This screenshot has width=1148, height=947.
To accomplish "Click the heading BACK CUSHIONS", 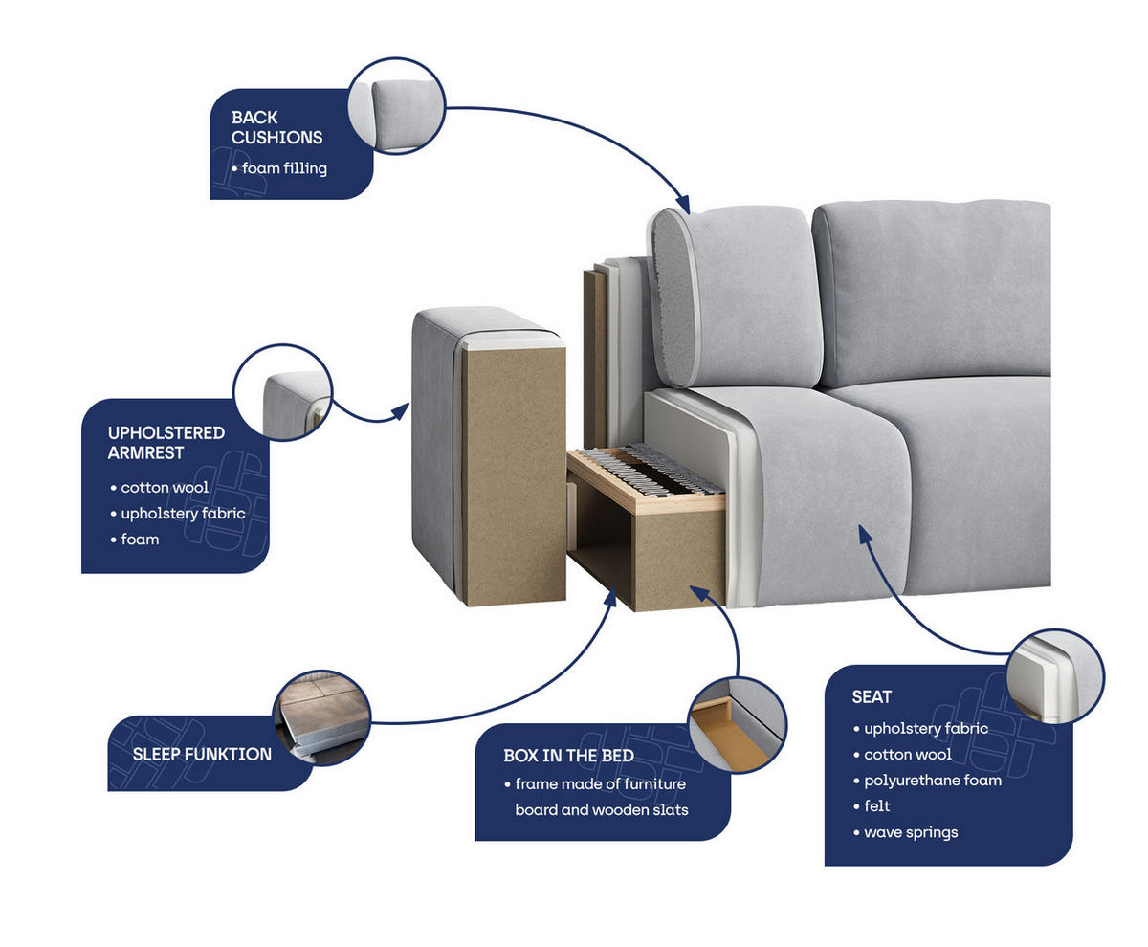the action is click(x=276, y=126).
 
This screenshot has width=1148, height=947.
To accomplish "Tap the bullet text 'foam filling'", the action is click(x=284, y=167).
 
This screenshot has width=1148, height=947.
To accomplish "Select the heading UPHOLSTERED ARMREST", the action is click(x=166, y=442).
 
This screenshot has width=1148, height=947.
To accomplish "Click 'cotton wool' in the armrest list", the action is click(x=165, y=487).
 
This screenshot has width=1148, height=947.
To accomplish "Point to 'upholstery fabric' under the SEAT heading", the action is click(x=926, y=728).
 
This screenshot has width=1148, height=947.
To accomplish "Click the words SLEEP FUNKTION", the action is click(x=202, y=754).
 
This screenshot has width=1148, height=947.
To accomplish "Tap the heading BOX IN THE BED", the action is click(x=568, y=755).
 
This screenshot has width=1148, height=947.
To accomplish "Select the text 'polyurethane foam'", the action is click(x=933, y=780).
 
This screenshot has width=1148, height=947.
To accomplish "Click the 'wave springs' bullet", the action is click(x=911, y=832).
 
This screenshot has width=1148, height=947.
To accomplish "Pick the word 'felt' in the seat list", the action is click(x=876, y=805).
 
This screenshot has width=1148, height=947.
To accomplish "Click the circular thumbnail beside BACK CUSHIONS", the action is click(x=396, y=105).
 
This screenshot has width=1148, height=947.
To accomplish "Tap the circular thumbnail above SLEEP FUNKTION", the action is click(x=321, y=717).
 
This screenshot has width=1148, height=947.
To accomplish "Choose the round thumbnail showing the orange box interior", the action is click(x=738, y=725).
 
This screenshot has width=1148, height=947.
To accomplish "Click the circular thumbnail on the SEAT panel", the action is click(x=1055, y=676).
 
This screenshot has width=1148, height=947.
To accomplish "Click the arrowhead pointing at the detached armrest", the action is click(x=401, y=410).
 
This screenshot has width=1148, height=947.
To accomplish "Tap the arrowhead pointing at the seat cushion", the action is click(x=865, y=534).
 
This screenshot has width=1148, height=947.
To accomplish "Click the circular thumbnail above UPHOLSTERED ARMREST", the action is click(x=282, y=392).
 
